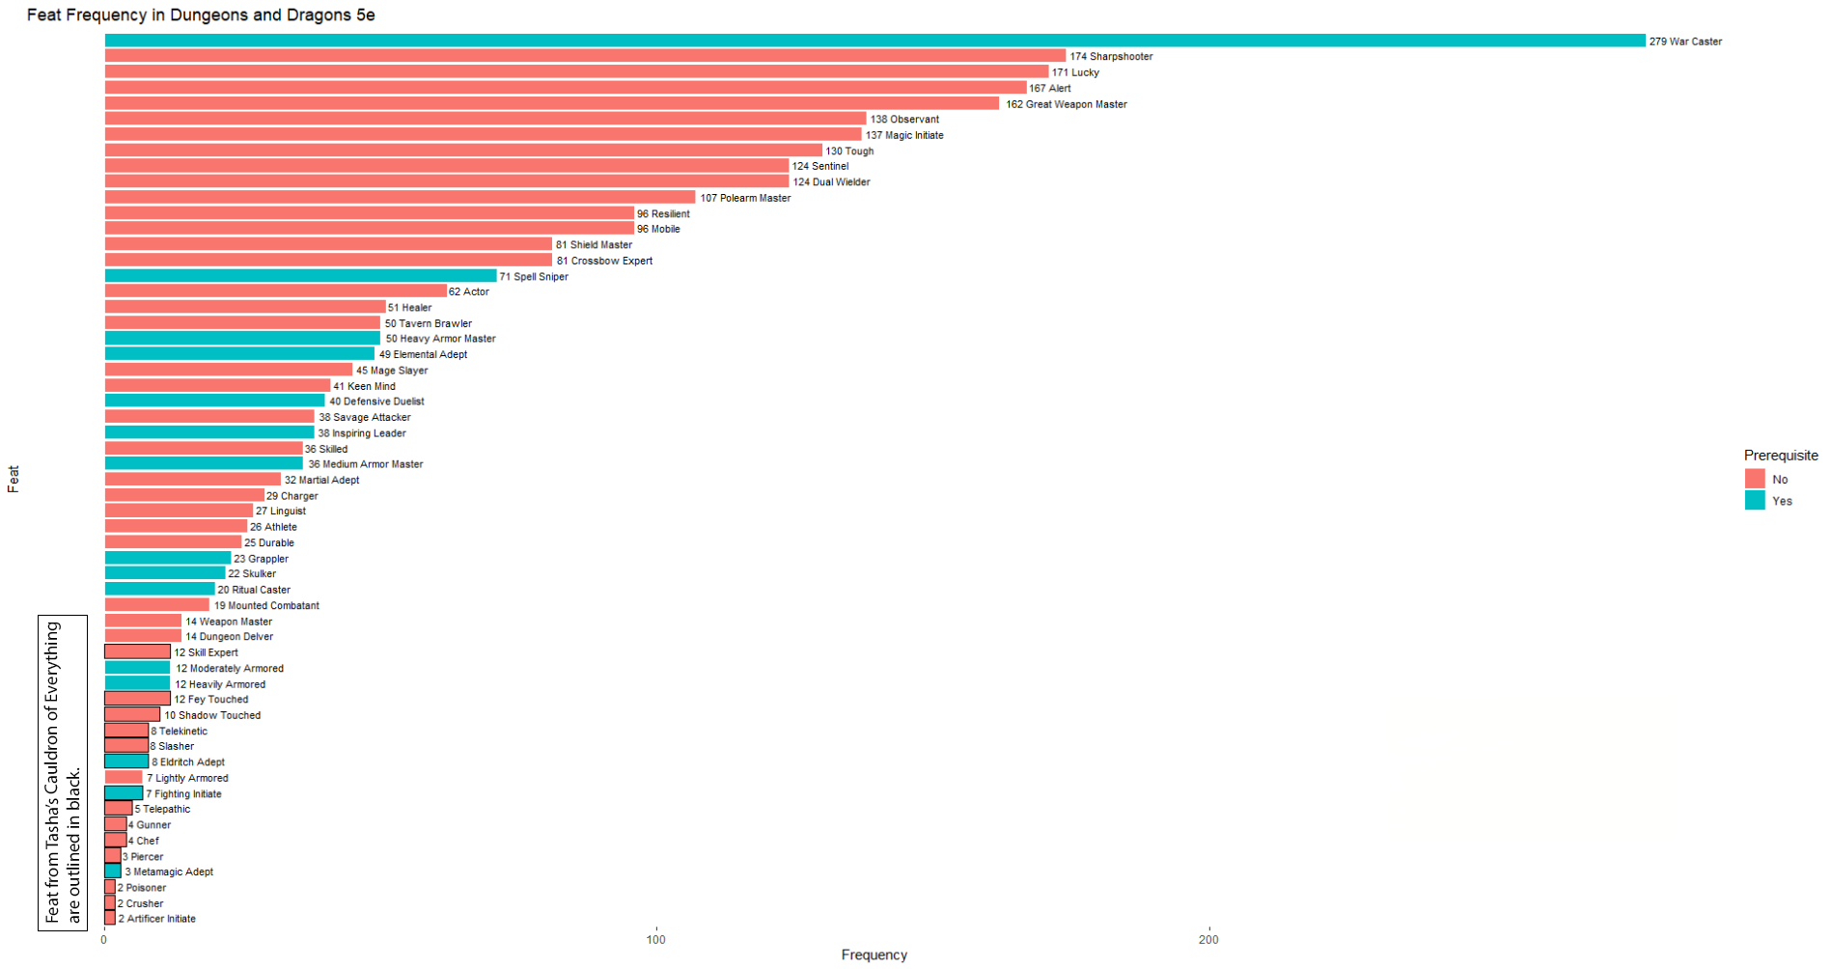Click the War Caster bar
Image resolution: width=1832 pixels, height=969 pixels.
pyautogui.click(x=874, y=41)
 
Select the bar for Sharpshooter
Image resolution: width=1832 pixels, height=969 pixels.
pyautogui.click(x=584, y=56)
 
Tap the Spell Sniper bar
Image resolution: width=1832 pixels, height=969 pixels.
pyautogui.click(x=300, y=276)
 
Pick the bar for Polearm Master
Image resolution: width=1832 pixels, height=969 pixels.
pyautogui.click(x=400, y=197)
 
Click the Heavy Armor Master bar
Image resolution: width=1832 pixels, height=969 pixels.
pyautogui.click(x=242, y=339)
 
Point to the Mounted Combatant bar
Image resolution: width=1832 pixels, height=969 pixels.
pyautogui.click(x=156, y=605)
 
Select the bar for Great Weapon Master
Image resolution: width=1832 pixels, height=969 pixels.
pyautogui.click(x=551, y=103)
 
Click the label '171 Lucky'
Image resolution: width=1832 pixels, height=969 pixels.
pyautogui.click(x=1075, y=72)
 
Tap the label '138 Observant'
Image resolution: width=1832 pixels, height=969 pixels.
pyautogui.click(x=904, y=120)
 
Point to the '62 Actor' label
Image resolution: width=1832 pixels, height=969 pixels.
pyautogui.click(x=469, y=291)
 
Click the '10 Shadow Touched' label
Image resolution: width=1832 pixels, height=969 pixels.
pyautogui.click(x=212, y=715)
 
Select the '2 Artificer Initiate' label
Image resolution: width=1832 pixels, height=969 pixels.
pyautogui.click(x=157, y=919)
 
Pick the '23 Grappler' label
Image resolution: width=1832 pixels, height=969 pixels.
pyautogui.click(x=262, y=559)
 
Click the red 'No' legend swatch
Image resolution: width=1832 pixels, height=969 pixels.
pyautogui.click(x=1755, y=479)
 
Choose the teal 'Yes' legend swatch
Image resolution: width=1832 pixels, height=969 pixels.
pyautogui.click(x=1755, y=500)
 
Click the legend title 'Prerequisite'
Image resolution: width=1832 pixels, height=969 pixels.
pyautogui.click(x=1780, y=456)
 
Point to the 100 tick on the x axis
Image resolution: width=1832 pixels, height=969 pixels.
pyautogui.click(x=656, y=939)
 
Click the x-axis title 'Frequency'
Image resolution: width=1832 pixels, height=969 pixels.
pyautogui.click(x=874, y=955)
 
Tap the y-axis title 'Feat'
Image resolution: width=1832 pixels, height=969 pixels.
pyautogui.click(x=14, y=479)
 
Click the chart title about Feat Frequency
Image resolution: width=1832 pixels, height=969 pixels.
pyautogui.click(x=201, y=15)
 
